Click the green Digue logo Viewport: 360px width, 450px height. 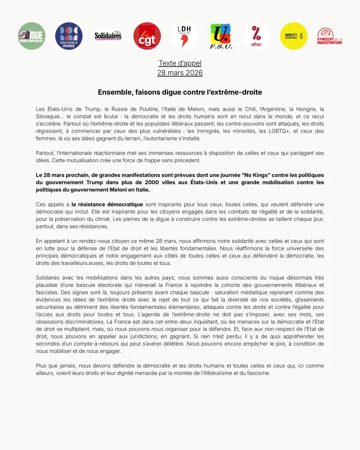click(x=32, y=36)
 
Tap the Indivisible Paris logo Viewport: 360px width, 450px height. click(x=69, y=36)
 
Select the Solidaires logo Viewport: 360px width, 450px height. click(x=108, y=36)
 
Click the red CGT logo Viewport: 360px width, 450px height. click(x=147, y=36)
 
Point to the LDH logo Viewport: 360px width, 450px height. click(x=184, y=36)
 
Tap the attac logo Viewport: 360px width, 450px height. click(x=256, y=36)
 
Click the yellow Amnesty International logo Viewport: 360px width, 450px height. click(x=294, y=36)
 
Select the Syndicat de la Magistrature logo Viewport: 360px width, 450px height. click(x=330, y=36)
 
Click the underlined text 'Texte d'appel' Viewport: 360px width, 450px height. click(x=180, y=63)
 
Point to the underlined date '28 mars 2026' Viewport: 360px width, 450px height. click(x=180, y=73)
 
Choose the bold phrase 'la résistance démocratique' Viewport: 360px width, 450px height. click(x=107, y=204)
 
